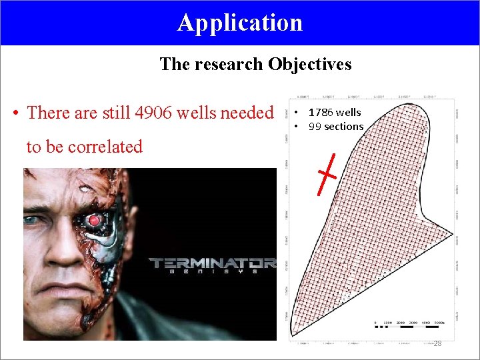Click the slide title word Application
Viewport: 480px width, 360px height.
(240, 23)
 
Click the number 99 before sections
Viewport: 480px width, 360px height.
(315, 127)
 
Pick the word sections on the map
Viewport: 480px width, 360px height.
(345, 127)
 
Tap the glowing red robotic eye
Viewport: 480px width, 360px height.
(94, 220)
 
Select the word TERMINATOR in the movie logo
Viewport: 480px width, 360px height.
(212, 263)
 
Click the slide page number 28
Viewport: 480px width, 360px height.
(437, 343)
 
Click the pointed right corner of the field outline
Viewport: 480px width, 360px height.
(453, 235)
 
